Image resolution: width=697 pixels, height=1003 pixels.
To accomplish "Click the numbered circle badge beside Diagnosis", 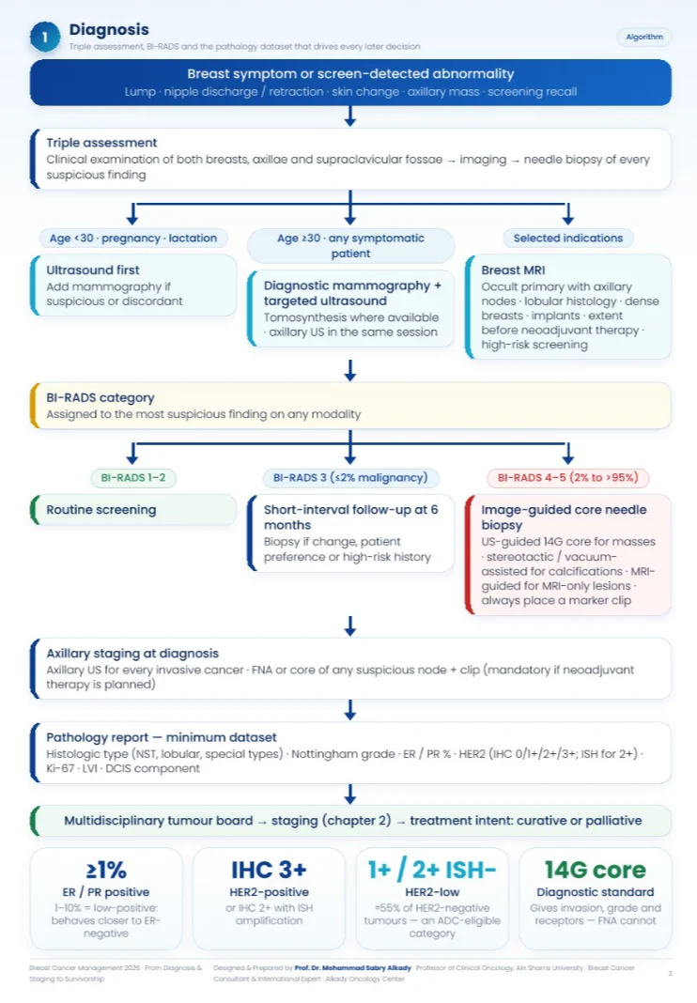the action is click(45, 38).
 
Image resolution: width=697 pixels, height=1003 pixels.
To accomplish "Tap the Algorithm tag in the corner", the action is click(643, 38).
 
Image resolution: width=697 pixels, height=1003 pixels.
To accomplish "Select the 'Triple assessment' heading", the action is click(101, 143).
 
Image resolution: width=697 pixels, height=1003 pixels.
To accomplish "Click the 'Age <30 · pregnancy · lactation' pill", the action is click(133, 238).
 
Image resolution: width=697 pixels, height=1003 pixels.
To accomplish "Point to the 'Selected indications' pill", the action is click(567, 238).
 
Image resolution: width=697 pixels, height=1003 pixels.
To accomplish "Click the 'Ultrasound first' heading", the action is click(92, 270).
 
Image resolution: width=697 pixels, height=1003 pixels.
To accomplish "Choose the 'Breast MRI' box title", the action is click(513, 270).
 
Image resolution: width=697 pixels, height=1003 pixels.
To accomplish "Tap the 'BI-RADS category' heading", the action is click(100, 398).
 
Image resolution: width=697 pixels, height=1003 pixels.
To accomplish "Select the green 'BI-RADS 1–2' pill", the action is click(133, 478).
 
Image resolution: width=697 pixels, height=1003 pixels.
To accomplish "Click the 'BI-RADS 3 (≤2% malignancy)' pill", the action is click(350, 478).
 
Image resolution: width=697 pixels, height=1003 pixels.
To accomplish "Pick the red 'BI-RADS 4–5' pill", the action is click(567, 478).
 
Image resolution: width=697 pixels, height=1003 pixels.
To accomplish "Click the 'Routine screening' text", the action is click(101, 510).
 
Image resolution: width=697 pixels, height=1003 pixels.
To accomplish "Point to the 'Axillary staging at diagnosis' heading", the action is click(132, 653).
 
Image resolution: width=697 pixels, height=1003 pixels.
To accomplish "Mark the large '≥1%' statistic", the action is click(106, 870).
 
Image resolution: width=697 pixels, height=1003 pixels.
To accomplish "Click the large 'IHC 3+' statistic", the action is click(269, 870).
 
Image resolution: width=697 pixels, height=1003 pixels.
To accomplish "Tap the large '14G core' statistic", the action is click(596, 870).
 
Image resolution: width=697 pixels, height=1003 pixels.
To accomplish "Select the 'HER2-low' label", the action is click(432, 891).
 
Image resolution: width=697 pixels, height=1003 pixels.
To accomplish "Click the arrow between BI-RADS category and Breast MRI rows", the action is click(350, 370).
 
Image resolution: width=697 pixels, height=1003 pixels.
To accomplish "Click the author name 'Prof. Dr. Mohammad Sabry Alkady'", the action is click(352, 968).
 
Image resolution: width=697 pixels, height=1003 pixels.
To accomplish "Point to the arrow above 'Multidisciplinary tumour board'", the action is click(350, 794).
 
